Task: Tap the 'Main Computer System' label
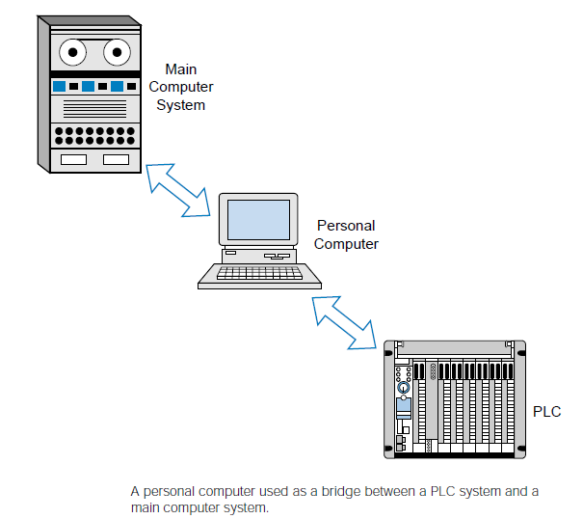[180, 87]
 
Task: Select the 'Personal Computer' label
[346, 234]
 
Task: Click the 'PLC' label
[546, 412]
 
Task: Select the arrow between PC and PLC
[344, 320]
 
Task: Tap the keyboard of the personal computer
[258, 275]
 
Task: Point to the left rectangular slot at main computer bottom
[73, 159]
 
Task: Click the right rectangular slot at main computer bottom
[116, 159]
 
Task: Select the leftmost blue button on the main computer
[59, 87]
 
